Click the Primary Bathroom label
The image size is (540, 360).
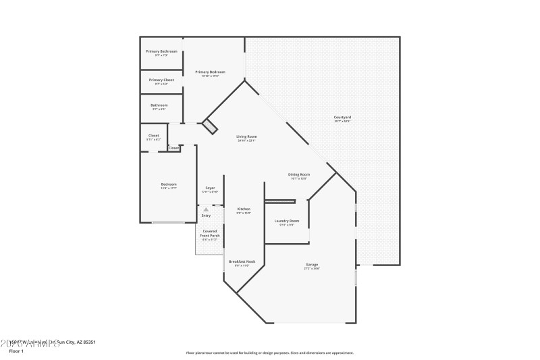(x=161, y=51)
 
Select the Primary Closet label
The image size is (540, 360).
(x=161, y=80)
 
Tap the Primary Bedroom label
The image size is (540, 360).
(x=210, y=72)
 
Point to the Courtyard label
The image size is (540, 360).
(x=342, y=118)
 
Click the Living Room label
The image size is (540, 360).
(x=246, y=136)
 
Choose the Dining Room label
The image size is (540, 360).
(x=299, y=174)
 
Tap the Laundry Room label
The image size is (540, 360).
(x=286, y=221)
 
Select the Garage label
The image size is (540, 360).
(x=311, y=264)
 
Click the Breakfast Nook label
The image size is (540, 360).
(x=242, y=261)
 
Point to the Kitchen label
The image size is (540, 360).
(x=244, y=209)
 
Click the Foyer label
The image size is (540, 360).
(x=210, y=188)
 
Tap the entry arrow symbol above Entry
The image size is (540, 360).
(x=206, y=209)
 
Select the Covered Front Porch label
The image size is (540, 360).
(x=209, y=233)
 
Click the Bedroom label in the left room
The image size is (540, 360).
(x=168, y=184)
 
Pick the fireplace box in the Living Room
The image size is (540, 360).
(x=211, y=126)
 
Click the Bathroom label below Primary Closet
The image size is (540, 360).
(x=159, y=105)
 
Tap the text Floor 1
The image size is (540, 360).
(x=16, y=351)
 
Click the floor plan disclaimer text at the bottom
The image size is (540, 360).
(x=269, y=353)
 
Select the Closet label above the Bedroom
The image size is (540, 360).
(x=153, y=135)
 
